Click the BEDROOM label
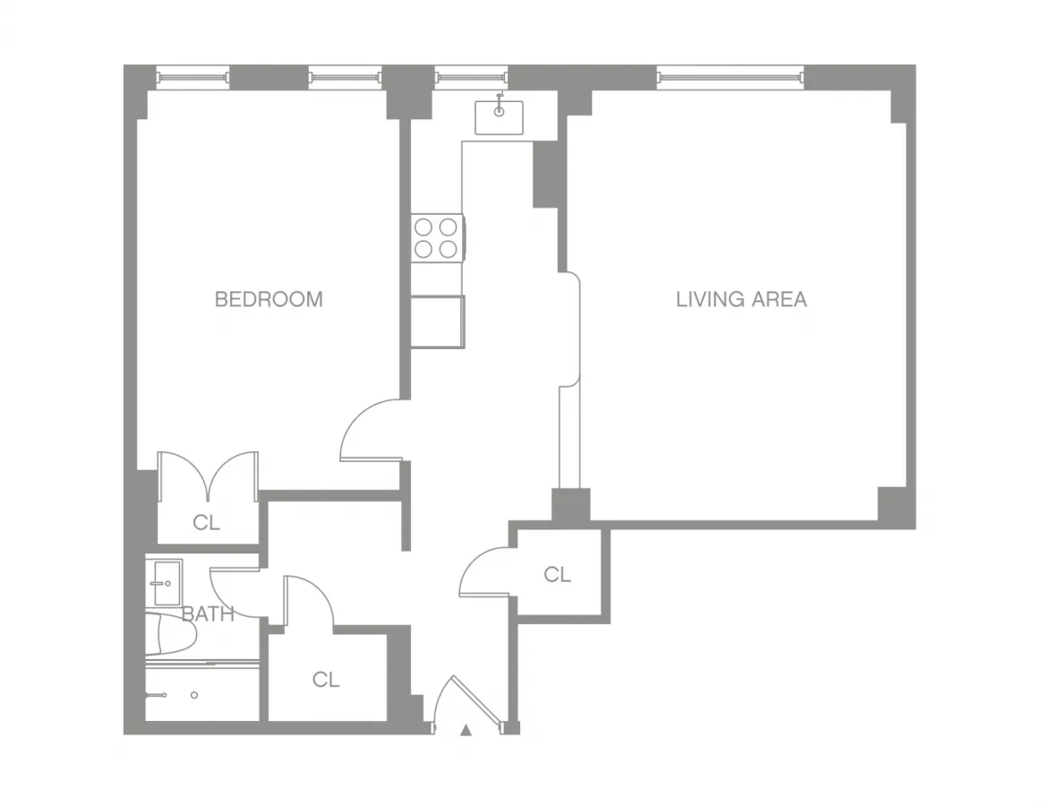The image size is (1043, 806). point(269,299)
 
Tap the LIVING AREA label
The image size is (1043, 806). point(740,299)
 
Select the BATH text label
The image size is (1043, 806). point(208,614)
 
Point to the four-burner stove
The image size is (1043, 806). point(437,237)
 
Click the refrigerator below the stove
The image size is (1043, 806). point(437,321)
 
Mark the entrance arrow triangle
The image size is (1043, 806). point(466,731)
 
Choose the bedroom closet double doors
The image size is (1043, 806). point(208,476)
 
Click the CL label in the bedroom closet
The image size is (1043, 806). point(207,523)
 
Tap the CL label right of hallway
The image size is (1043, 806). point(557,575)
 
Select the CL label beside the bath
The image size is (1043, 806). point(326,681)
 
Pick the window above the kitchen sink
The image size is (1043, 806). point(470,77)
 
